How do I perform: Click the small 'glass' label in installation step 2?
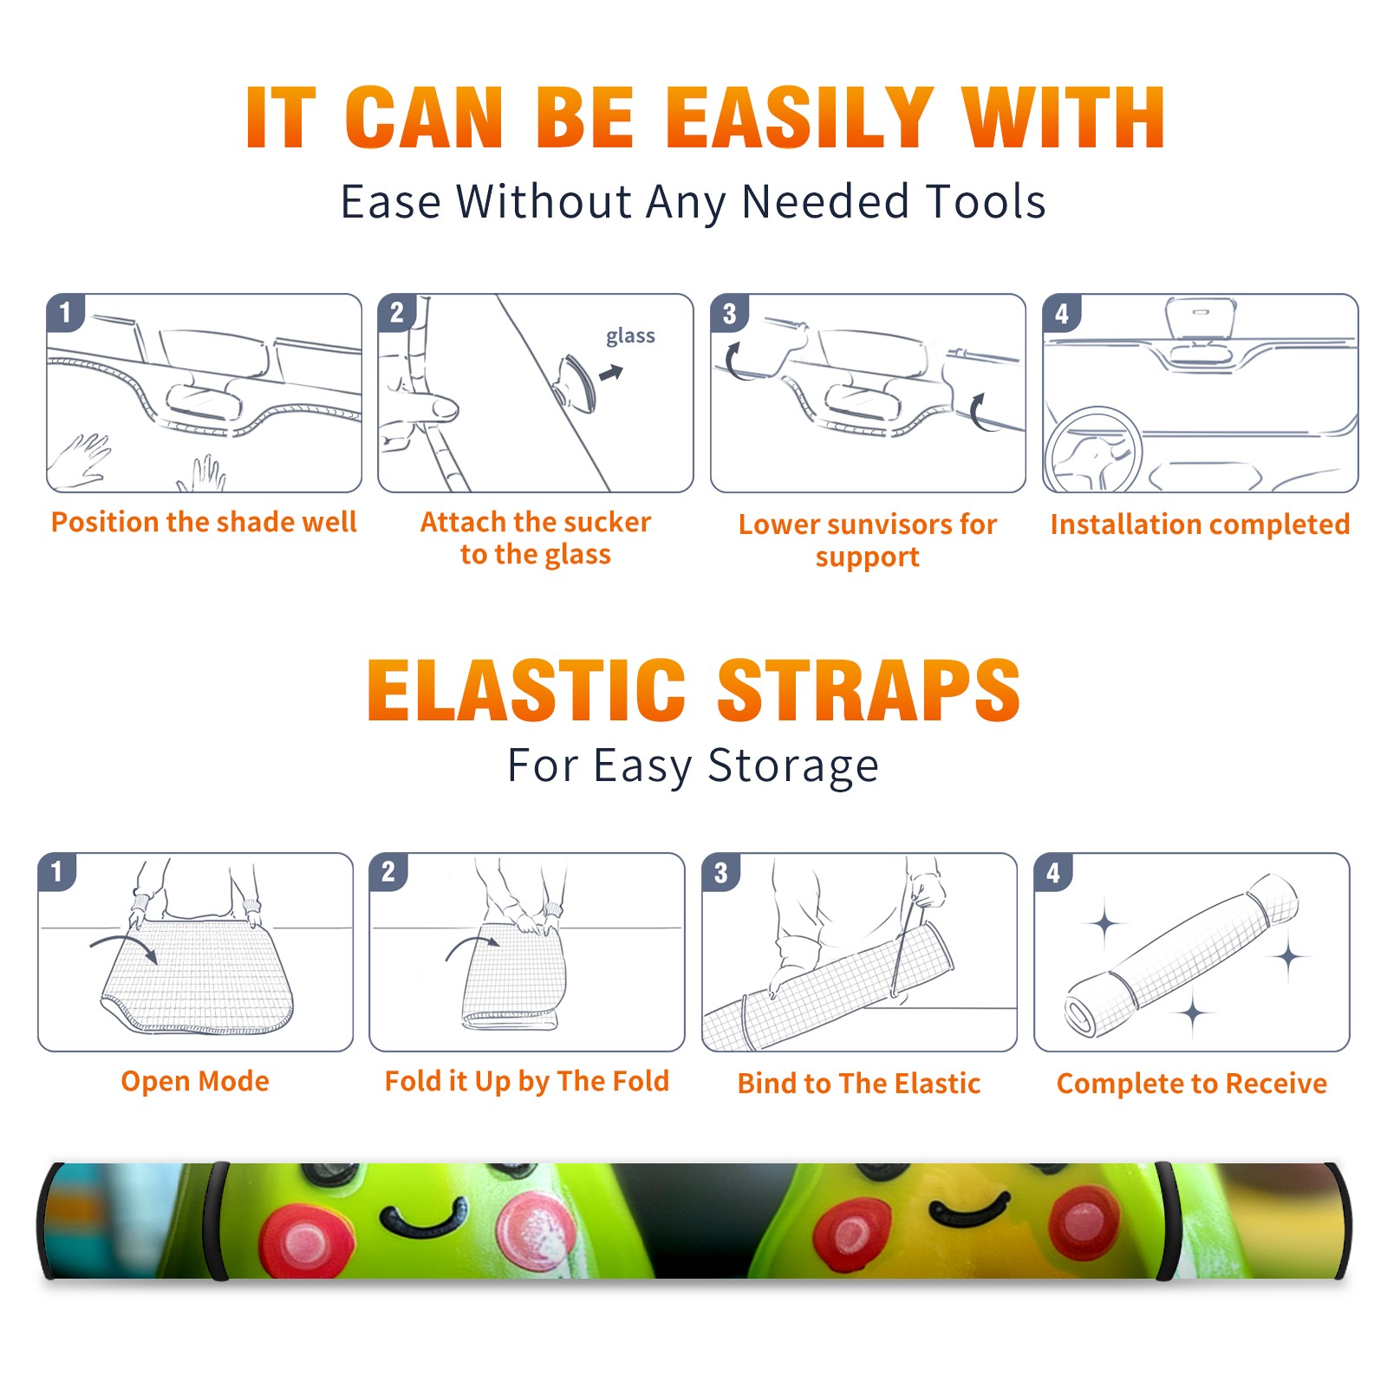pos(630,336)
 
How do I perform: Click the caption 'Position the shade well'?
pos(204,522)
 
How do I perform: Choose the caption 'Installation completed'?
pos(1200,524)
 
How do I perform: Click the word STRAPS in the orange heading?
pos(869,690)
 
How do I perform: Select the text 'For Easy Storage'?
pos(693,765)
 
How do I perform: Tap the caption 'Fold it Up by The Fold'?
pos(527,1081)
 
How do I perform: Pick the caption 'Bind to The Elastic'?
pos(859,1084)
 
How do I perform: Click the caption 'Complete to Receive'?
pos(1192,1084)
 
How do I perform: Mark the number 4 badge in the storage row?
pos(1053,872)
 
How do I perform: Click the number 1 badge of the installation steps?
pos(65,312)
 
